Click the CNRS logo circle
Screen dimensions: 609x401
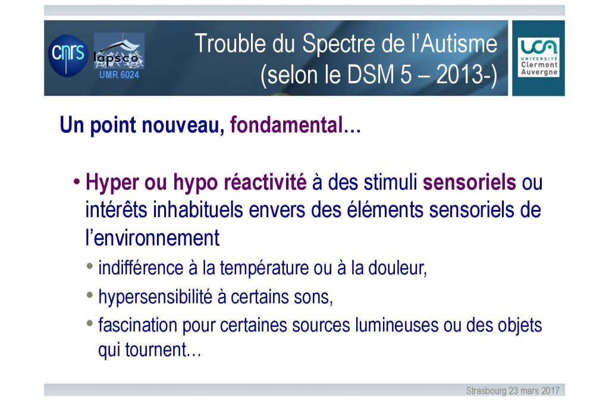coord(68,55)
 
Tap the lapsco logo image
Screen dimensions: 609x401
coord(119,51)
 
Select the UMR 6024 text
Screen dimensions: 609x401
coord(119,74)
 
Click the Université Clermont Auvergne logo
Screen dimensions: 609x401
coord(539,57)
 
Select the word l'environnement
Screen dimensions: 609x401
coord(152,237)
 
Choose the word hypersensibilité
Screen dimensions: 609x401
coord(155,297)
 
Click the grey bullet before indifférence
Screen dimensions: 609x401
coord(90,267)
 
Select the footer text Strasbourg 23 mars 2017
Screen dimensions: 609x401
coord(513,390)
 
